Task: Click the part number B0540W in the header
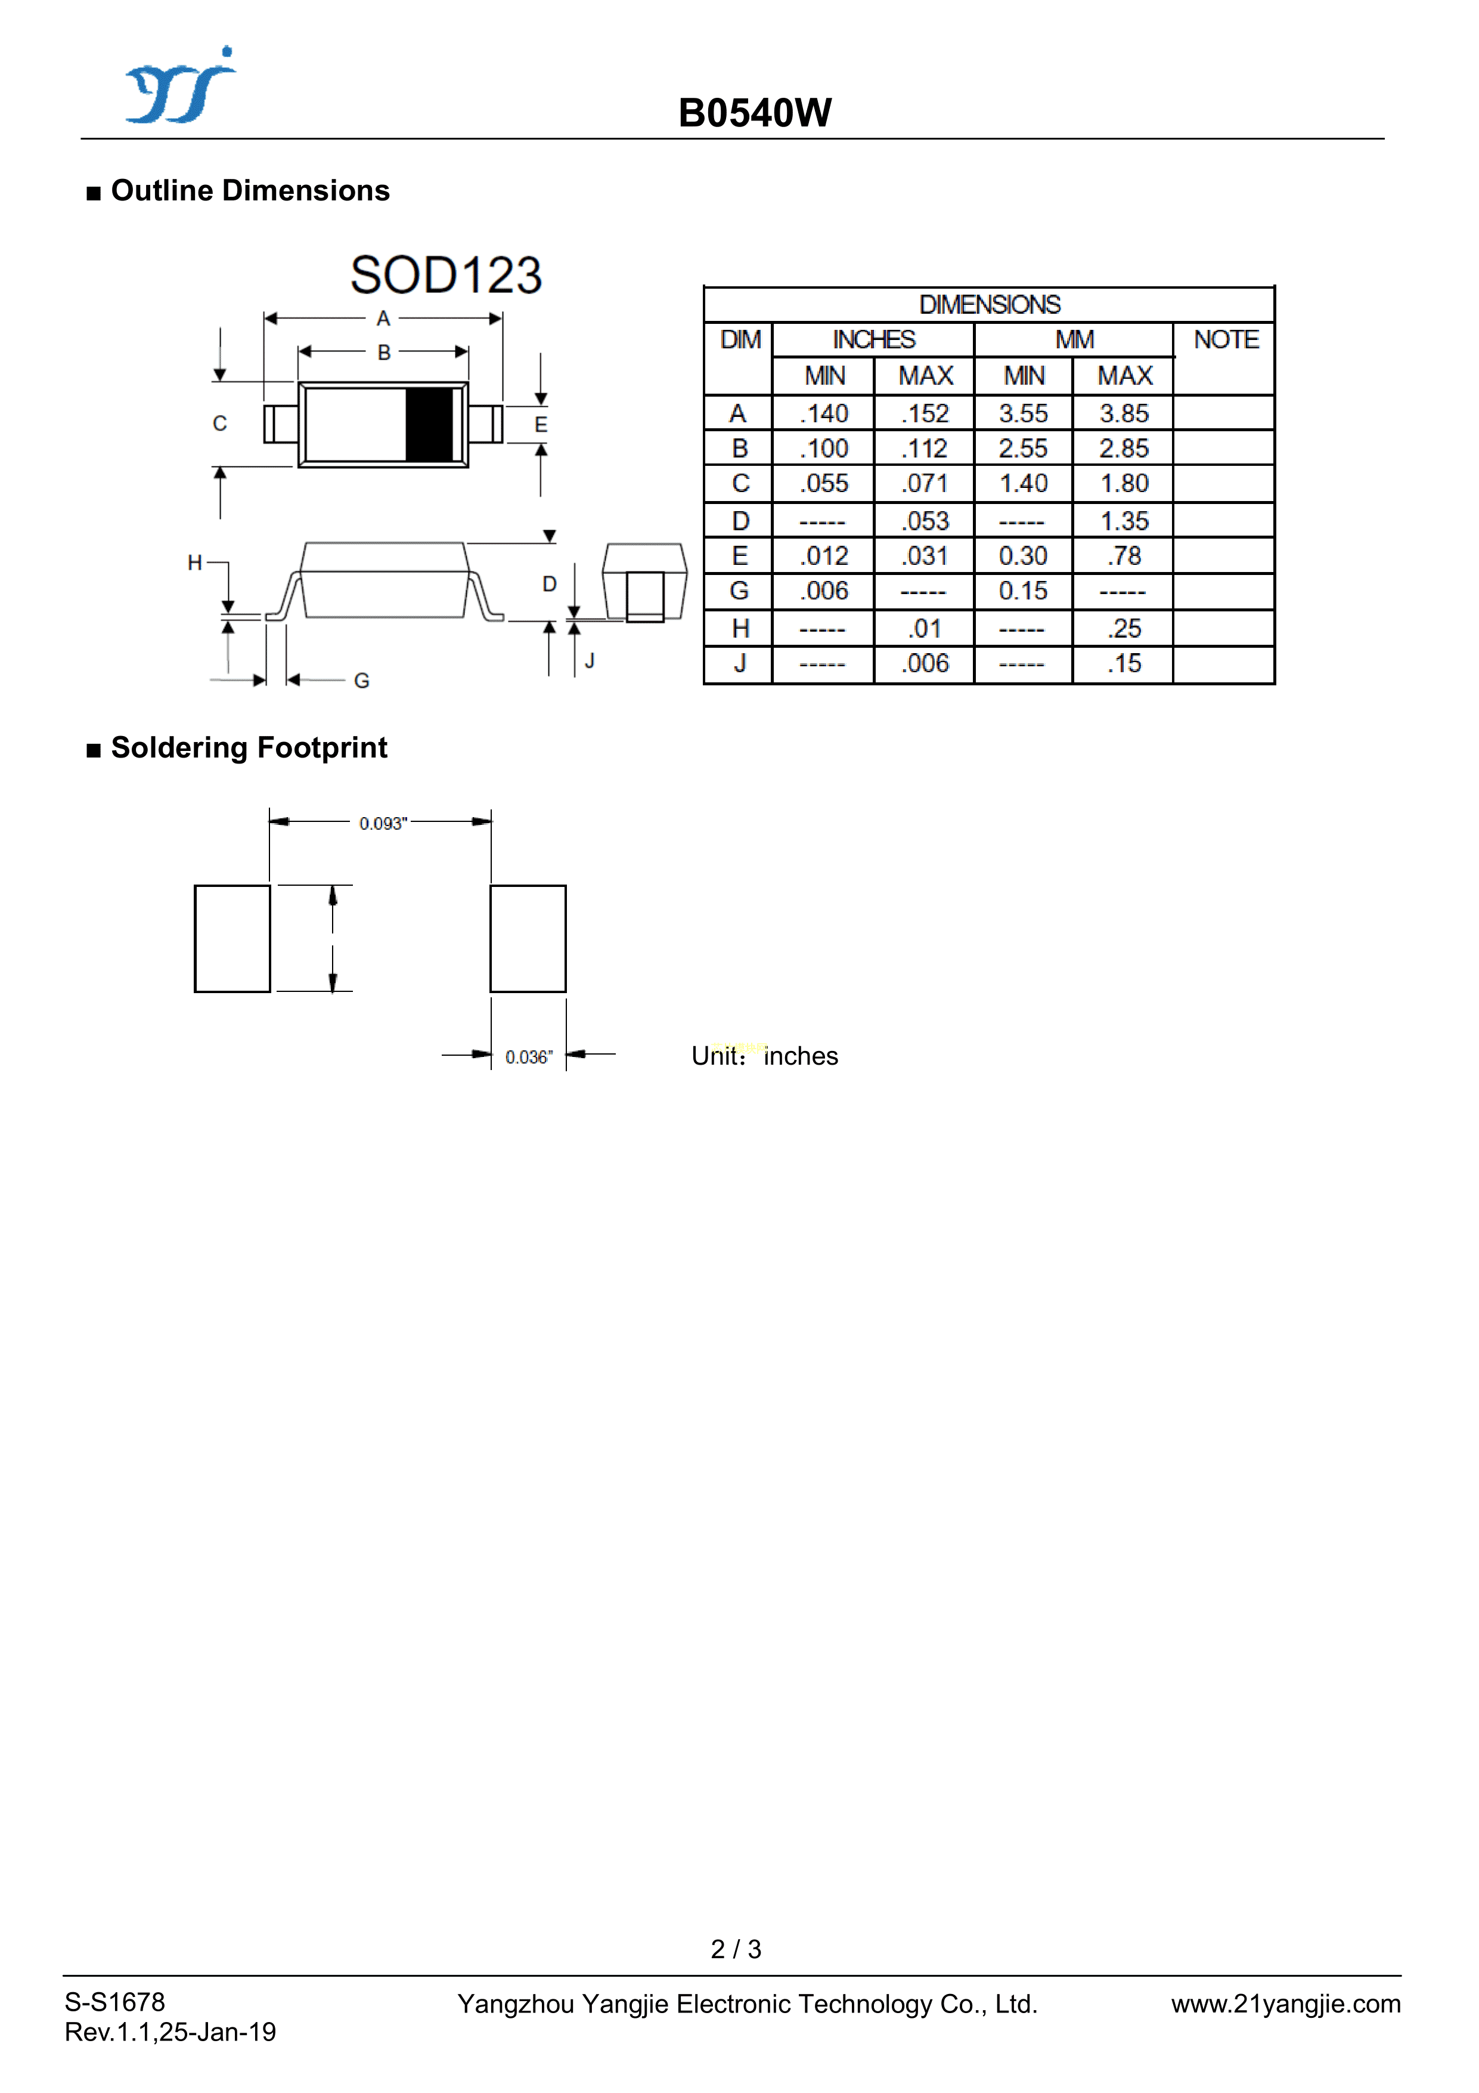tap(755, 114)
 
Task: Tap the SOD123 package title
tap(446, 276)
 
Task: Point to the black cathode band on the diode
tap(429, 424)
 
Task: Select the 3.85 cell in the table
tap(1124, 414)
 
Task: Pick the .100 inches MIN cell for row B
tap(824, 449)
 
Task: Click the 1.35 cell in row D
tap(1124, 521)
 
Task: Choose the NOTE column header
tap(1226, 340)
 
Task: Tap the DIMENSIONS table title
tap(989, 304)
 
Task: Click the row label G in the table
tap(739, 592)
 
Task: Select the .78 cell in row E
tap(1124, 556)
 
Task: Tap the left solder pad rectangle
tap(232, 938)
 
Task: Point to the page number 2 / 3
tap(736, 1949)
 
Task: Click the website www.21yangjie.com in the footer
tap(1285, 2004)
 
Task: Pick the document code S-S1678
tap(115, 2002)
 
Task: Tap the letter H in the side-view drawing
tap(194, 563)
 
